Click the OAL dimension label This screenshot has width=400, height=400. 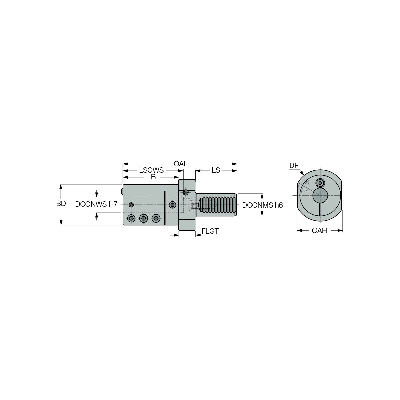(180, 164)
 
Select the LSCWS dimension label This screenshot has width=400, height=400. (151, 170)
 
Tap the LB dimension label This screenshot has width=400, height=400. (151, 177)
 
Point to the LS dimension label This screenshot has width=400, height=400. (216, 170)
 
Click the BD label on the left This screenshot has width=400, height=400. (61, 204)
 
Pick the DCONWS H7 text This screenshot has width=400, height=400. (96, 204)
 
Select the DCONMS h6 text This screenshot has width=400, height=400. (262, 205)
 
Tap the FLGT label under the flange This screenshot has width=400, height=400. (210, 231)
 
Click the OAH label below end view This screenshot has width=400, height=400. (319, 230)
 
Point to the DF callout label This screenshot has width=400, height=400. (294, 166)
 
